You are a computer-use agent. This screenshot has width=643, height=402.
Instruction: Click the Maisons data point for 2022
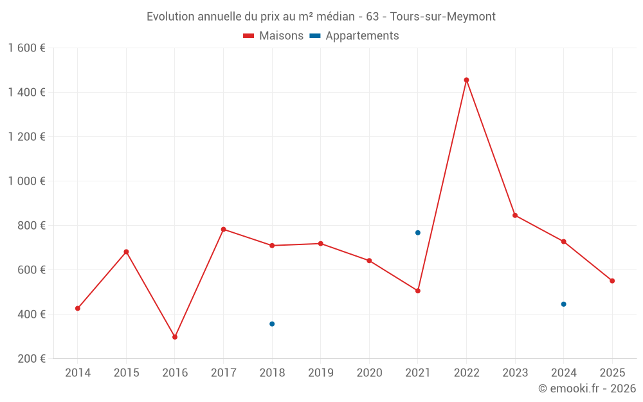466,80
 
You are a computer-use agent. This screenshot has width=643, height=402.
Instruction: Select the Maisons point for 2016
175,337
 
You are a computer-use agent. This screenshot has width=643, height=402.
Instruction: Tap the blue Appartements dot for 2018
272,324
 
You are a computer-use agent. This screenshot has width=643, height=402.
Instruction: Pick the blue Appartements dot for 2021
418,233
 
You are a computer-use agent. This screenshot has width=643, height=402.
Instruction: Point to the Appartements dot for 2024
564,304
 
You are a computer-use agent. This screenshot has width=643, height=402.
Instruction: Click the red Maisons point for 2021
418,291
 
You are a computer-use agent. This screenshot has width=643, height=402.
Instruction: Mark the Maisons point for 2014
78,309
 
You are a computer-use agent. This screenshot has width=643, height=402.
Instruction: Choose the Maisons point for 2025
612,281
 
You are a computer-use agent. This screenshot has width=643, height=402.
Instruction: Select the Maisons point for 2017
224,230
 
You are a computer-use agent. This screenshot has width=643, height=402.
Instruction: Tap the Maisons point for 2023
515,215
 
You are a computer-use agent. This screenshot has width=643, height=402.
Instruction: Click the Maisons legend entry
273,36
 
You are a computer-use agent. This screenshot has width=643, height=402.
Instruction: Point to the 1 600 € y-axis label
27,48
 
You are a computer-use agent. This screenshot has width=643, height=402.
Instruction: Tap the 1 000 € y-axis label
27,181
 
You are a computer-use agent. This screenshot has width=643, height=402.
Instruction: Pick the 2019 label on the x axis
321,373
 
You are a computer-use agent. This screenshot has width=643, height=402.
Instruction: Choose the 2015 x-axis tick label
126,373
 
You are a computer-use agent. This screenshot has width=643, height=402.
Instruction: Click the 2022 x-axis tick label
466,373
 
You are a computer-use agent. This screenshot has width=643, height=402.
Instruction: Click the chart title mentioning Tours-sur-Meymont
321,17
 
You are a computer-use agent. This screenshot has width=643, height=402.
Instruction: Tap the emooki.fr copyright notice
587,388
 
